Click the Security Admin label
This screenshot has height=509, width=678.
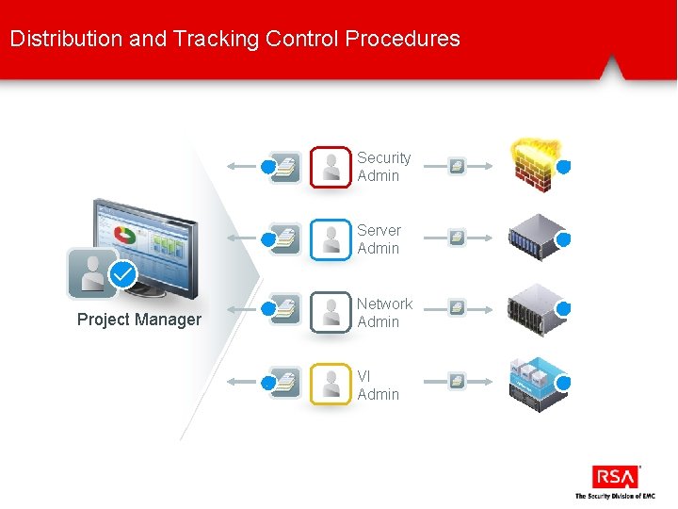click(383, 167)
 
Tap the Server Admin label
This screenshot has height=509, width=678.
click(379, 239)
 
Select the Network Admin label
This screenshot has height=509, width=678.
click(384, 313)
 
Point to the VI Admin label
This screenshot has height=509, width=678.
click(378, 386)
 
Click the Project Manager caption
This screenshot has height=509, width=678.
click(138, 320)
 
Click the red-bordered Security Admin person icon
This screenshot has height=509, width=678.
click(330, 167)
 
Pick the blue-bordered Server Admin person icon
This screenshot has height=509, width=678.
click(330, 239)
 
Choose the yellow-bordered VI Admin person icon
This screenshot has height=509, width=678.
click(330, 384)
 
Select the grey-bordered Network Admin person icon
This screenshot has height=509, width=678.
click(330, 312)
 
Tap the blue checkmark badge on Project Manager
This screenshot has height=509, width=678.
click(122, 274)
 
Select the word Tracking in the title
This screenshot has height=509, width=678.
click(216, 39)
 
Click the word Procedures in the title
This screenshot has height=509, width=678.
click(403, 39)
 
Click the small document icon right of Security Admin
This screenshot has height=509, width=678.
click(457, 167)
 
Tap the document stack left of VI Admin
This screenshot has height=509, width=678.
click(284, 382)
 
